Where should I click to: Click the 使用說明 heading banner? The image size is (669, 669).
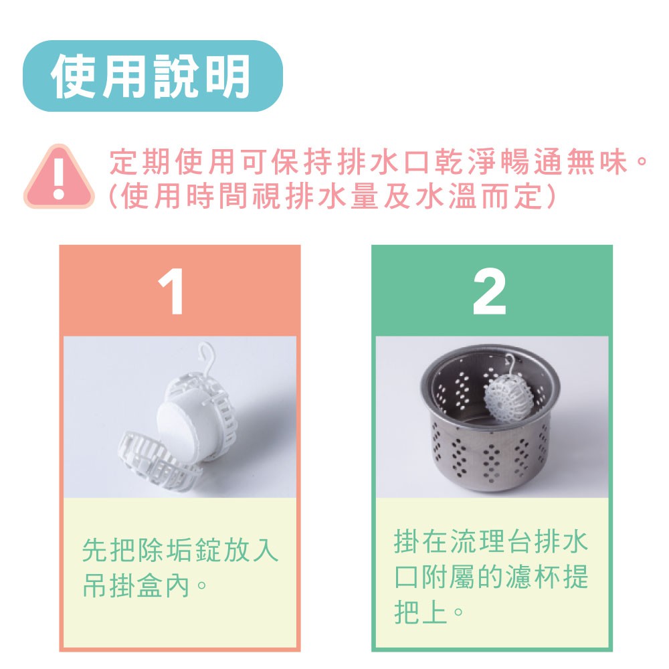153,76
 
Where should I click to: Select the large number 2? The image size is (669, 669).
490,292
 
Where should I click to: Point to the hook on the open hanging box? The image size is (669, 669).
207,359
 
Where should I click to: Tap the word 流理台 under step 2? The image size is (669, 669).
490,541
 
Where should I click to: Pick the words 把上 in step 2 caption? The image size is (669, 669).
420,612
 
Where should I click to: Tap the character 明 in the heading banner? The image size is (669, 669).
228,77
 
